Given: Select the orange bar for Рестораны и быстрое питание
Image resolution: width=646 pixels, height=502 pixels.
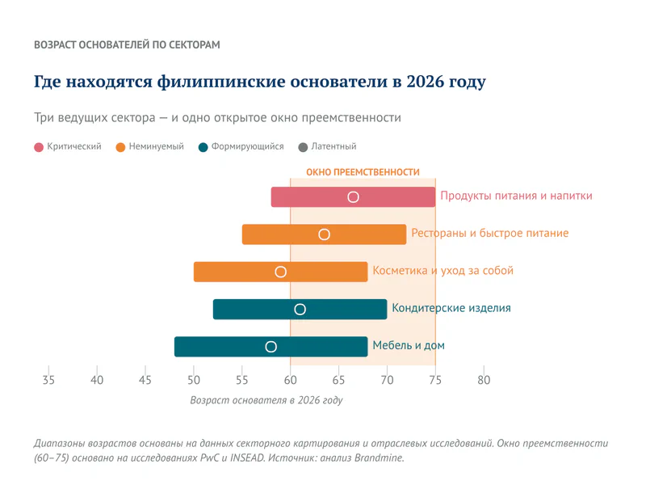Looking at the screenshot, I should point(363,234).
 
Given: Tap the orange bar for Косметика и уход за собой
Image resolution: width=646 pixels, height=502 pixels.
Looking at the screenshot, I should point(234,272).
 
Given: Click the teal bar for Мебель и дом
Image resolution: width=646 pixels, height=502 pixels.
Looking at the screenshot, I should point(323,347).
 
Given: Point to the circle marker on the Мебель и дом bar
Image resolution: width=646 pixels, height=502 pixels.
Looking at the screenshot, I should point(271,347).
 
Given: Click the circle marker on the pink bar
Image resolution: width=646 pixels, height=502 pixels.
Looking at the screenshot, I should point(353,197).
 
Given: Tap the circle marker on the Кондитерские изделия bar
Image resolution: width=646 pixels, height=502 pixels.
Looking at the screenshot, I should point(300,309).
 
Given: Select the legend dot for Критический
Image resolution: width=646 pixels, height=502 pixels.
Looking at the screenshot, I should point(39,147).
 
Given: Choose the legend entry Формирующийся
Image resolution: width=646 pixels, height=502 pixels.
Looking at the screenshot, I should point(246,147).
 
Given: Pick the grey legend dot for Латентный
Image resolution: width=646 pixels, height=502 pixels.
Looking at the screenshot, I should point(304,147).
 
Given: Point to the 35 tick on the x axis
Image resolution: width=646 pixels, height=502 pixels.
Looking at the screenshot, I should point(48,379).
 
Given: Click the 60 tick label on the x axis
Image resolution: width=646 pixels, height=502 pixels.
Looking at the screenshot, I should point(291,379).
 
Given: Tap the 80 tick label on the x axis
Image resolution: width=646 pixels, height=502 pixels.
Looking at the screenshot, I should point(484,379).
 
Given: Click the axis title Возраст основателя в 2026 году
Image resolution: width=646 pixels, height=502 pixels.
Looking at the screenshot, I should point(266,400).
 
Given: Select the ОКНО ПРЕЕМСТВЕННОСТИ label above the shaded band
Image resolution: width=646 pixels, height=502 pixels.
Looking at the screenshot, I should point(363,172).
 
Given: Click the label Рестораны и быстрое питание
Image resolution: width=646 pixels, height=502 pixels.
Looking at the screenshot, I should point(490,234).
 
